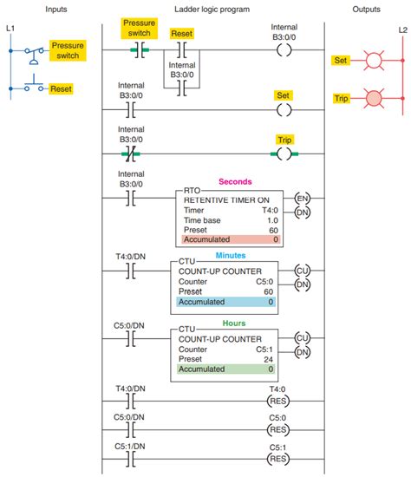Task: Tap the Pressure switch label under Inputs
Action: [66, 49]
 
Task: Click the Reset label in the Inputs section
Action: [61, 88]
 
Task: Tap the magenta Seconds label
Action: [235, 182]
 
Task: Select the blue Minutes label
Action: [231, 257]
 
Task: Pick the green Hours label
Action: [233, 323]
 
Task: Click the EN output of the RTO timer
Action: [303, 198]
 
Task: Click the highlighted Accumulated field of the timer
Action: [231, 238]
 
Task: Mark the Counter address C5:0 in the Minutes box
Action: [265, 281]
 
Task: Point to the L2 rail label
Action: [401, 30]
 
